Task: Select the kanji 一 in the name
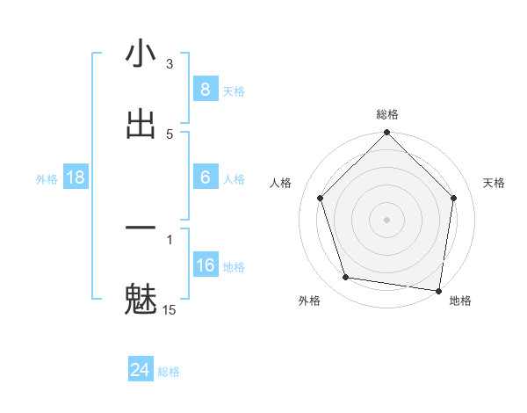tap(141, 228)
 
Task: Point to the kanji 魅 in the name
tap(141, 299)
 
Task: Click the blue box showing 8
tap(205, 90)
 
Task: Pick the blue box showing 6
tap(205, 178)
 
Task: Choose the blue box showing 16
tap(205, 265)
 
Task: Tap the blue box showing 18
tap(76, 178)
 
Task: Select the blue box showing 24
tap(140, 371)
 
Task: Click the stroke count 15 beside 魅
tap(170, 309)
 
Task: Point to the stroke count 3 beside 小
tap(170, 63)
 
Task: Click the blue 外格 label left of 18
tap(47, 178)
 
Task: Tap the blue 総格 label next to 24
tap(169, 372)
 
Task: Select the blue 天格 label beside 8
tap(234, 91)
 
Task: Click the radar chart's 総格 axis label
tap(386, 115)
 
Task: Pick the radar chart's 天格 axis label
tap(494, 183)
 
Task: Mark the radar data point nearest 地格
tap(439, 290)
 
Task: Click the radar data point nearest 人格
tap(320, 198)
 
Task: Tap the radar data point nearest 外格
tap(346, 278)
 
